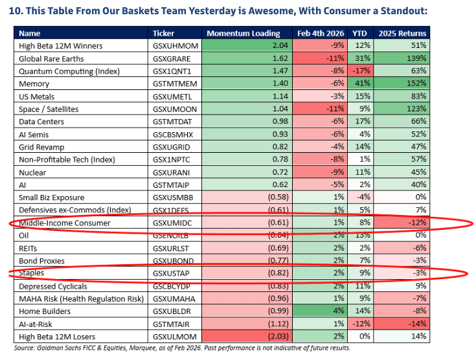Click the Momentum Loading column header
pyautogui.click(x=244, y=33)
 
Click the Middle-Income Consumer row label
pyautogui.click(x=65, y=223)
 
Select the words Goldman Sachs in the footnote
pyautogui.click(x=60, y=348)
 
